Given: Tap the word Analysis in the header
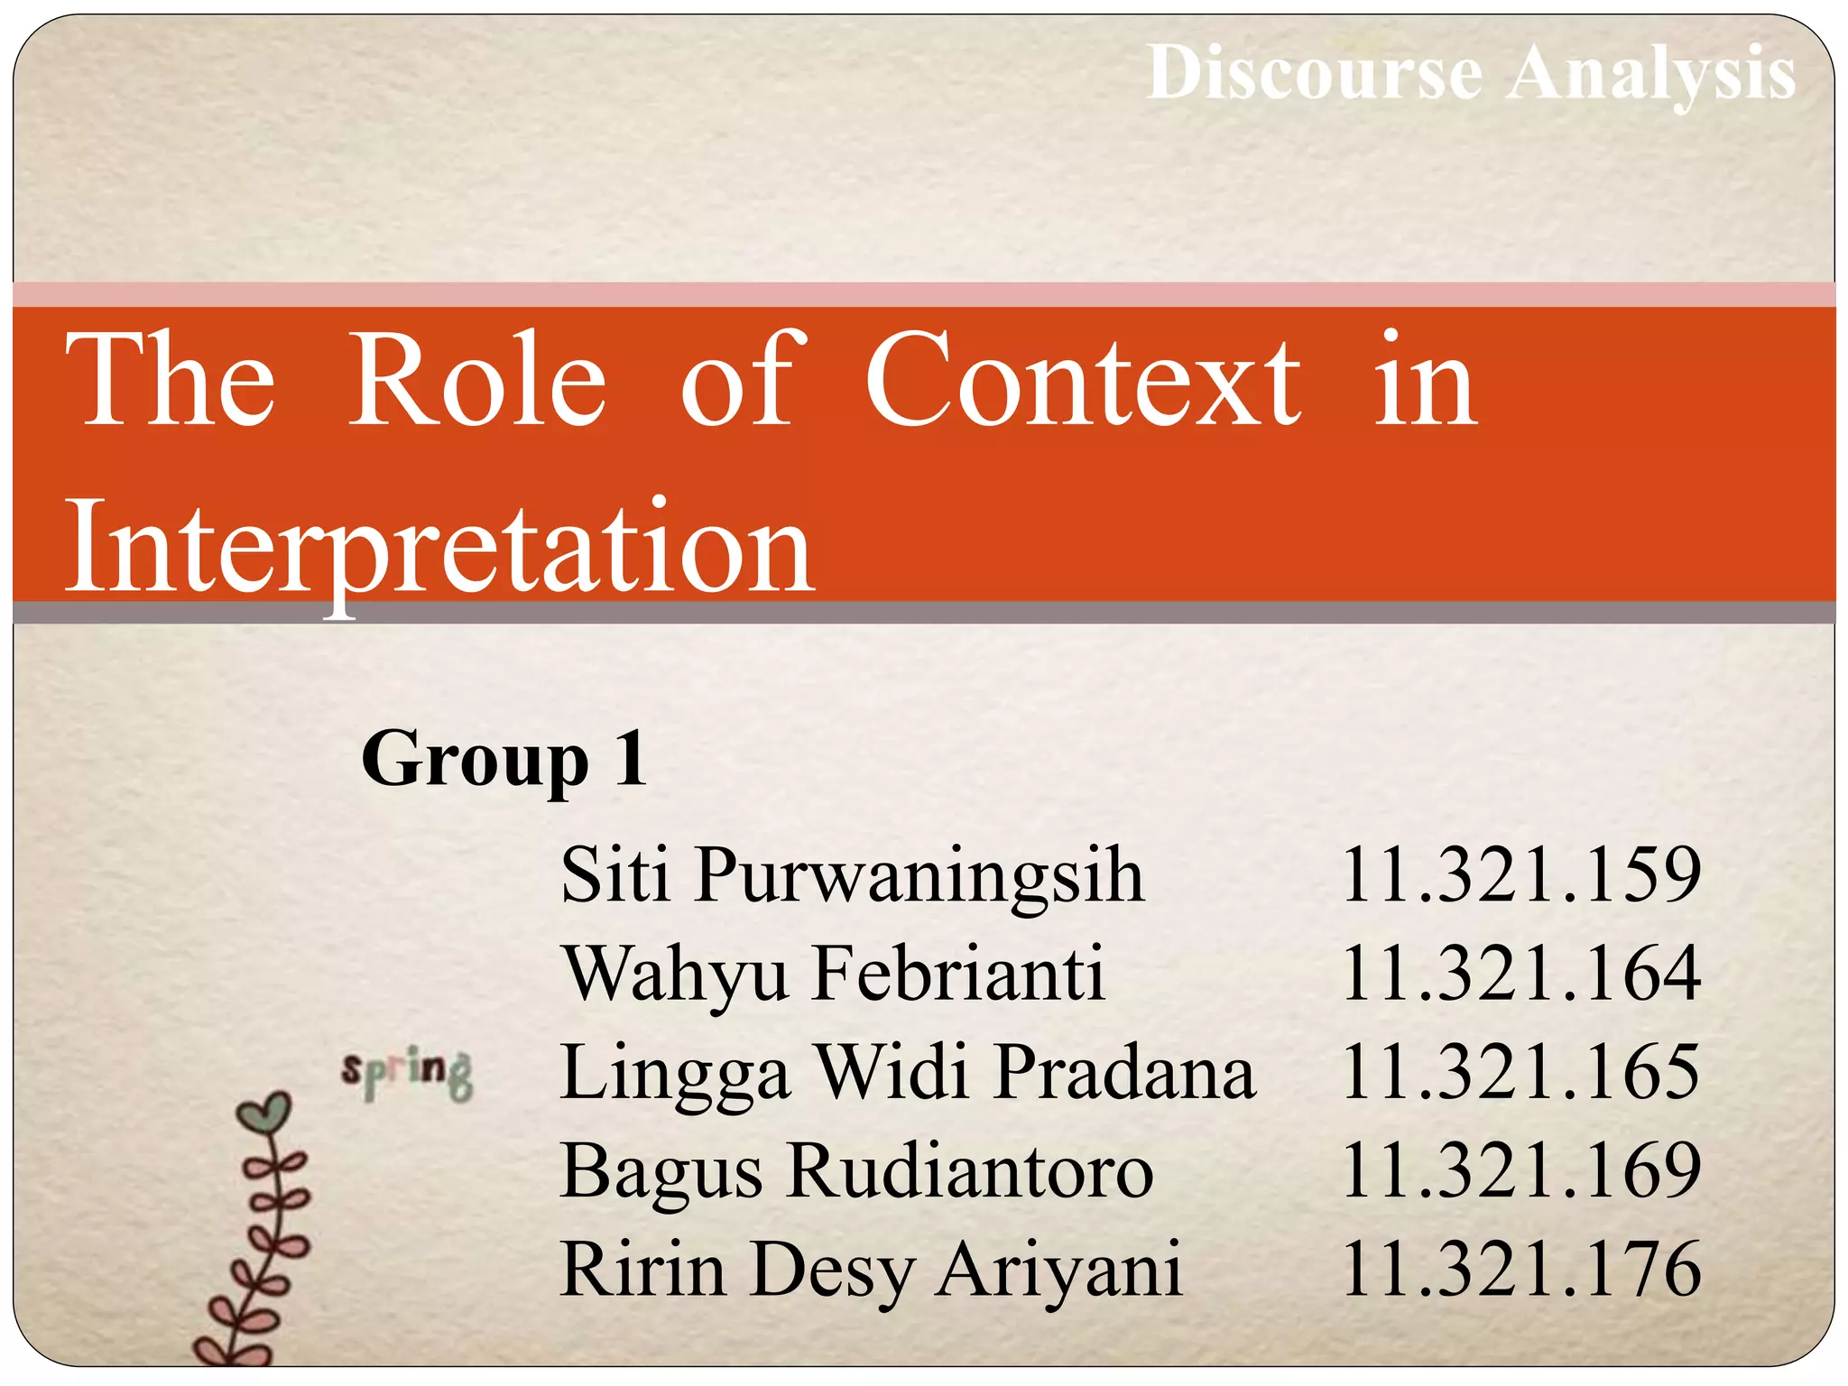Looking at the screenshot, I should [1651, 74].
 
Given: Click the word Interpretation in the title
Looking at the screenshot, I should [440, 548].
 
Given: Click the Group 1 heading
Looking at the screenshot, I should [504, 760].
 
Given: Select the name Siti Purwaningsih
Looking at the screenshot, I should [852, 875].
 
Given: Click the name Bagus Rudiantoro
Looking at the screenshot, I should [856, 1171].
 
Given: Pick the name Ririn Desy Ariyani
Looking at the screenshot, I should [871, 1270].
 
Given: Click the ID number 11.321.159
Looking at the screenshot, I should [1521, 874].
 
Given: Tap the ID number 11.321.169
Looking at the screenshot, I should [1521, 1171].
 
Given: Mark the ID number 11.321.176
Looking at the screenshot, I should [1521, 1270].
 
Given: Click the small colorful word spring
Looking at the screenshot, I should [407, 1073].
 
